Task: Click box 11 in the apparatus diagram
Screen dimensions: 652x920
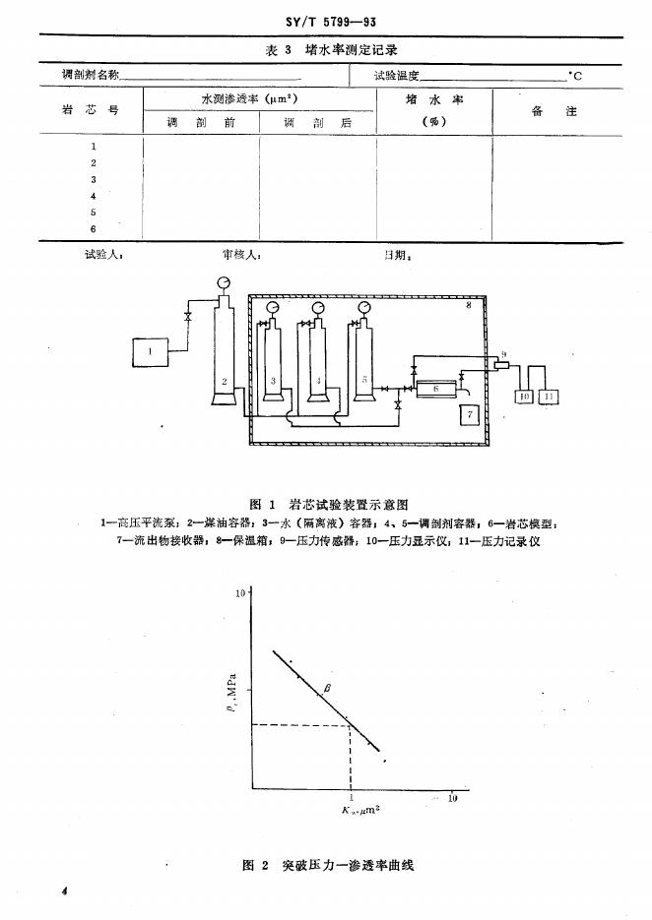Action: coord(549,397)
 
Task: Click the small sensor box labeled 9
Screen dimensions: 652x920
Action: coord(501,365)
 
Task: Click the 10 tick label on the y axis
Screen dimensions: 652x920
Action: coord(240,594)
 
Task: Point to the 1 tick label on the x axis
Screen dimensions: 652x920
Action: coord(351,797)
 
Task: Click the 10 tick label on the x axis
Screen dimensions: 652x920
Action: coord(452,798)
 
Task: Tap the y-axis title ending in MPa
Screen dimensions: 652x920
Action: coord(229,689)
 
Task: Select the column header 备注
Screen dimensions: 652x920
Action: coord(553,111)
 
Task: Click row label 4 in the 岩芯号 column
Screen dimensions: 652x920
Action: coord(93,196)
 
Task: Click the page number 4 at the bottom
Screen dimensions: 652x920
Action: coord(63,889)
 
